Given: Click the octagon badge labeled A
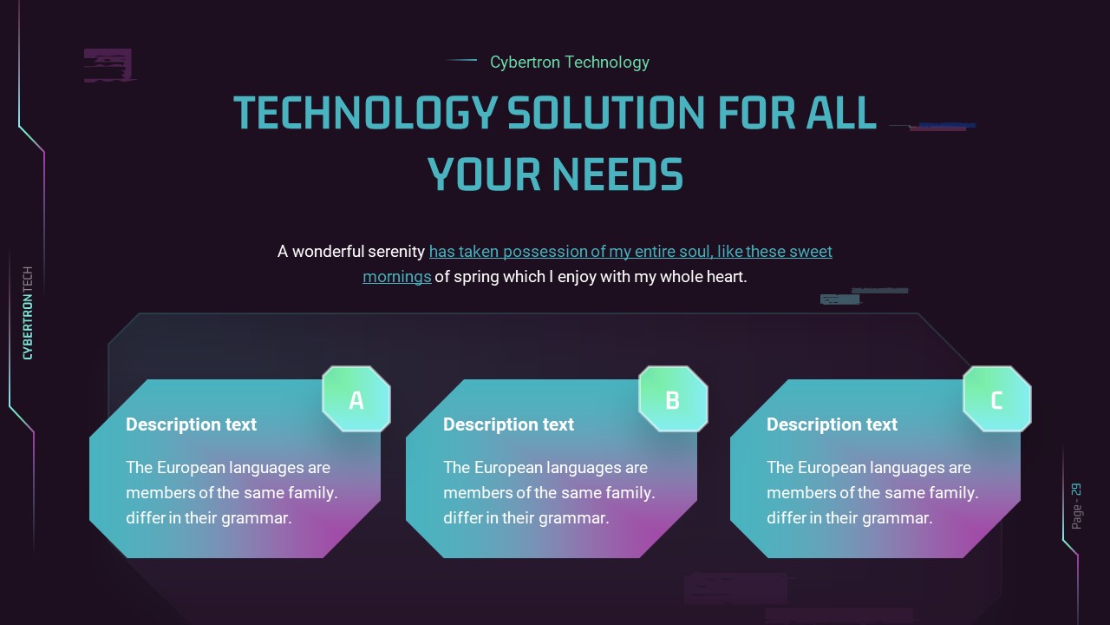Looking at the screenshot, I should point(356,399).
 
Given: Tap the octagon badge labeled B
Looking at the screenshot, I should point(673,399).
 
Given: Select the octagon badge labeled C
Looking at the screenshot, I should point(996,399).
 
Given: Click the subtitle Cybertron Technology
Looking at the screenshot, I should point(569,62).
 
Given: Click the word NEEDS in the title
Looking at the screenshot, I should point(618,174).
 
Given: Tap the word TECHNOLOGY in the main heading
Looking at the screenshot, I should point(365,113).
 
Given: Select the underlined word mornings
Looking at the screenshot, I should point(396,276).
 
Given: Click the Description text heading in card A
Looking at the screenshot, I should point(191,424).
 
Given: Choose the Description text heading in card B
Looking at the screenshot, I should point(508,424).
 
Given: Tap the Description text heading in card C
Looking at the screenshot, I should point(832,424).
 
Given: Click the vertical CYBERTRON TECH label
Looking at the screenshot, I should point(28,312).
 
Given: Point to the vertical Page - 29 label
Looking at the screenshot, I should point(1076,506).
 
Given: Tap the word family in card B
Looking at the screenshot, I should point(630,492).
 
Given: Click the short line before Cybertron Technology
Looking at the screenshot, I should point(462,60).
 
